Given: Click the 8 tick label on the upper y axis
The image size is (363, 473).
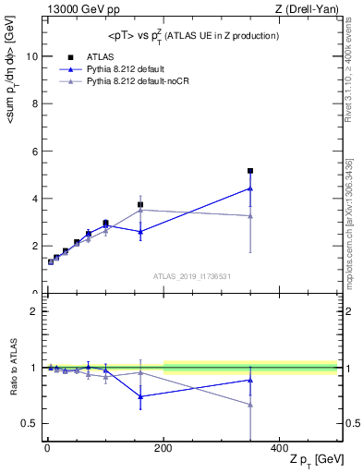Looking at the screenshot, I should point(32,103).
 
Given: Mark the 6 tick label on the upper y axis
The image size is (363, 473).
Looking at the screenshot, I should point(32,151).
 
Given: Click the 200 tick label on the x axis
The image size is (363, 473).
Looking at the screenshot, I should point(163,447).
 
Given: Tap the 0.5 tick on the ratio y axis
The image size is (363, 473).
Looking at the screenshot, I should point(28,423).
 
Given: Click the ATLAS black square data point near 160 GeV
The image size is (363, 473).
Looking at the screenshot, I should point(140,205).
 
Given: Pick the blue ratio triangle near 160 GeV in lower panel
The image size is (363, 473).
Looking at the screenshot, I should point(140,396).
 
